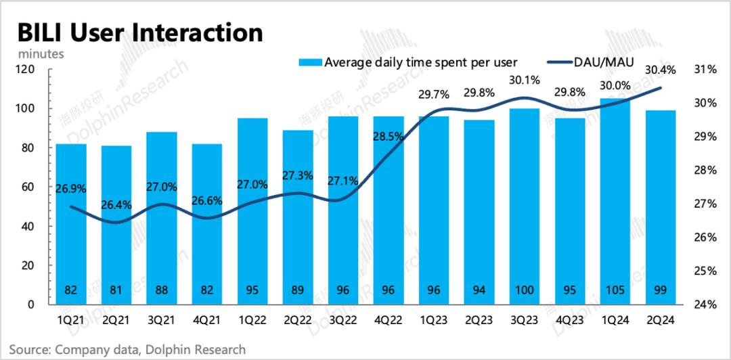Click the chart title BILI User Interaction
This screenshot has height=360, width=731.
coord(139,32)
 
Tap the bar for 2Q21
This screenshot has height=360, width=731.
coord(117,223)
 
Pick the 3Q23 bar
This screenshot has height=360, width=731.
coord(525,203)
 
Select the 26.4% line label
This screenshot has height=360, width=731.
coord(116,204)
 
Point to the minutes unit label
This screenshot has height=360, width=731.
coord(41,53)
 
